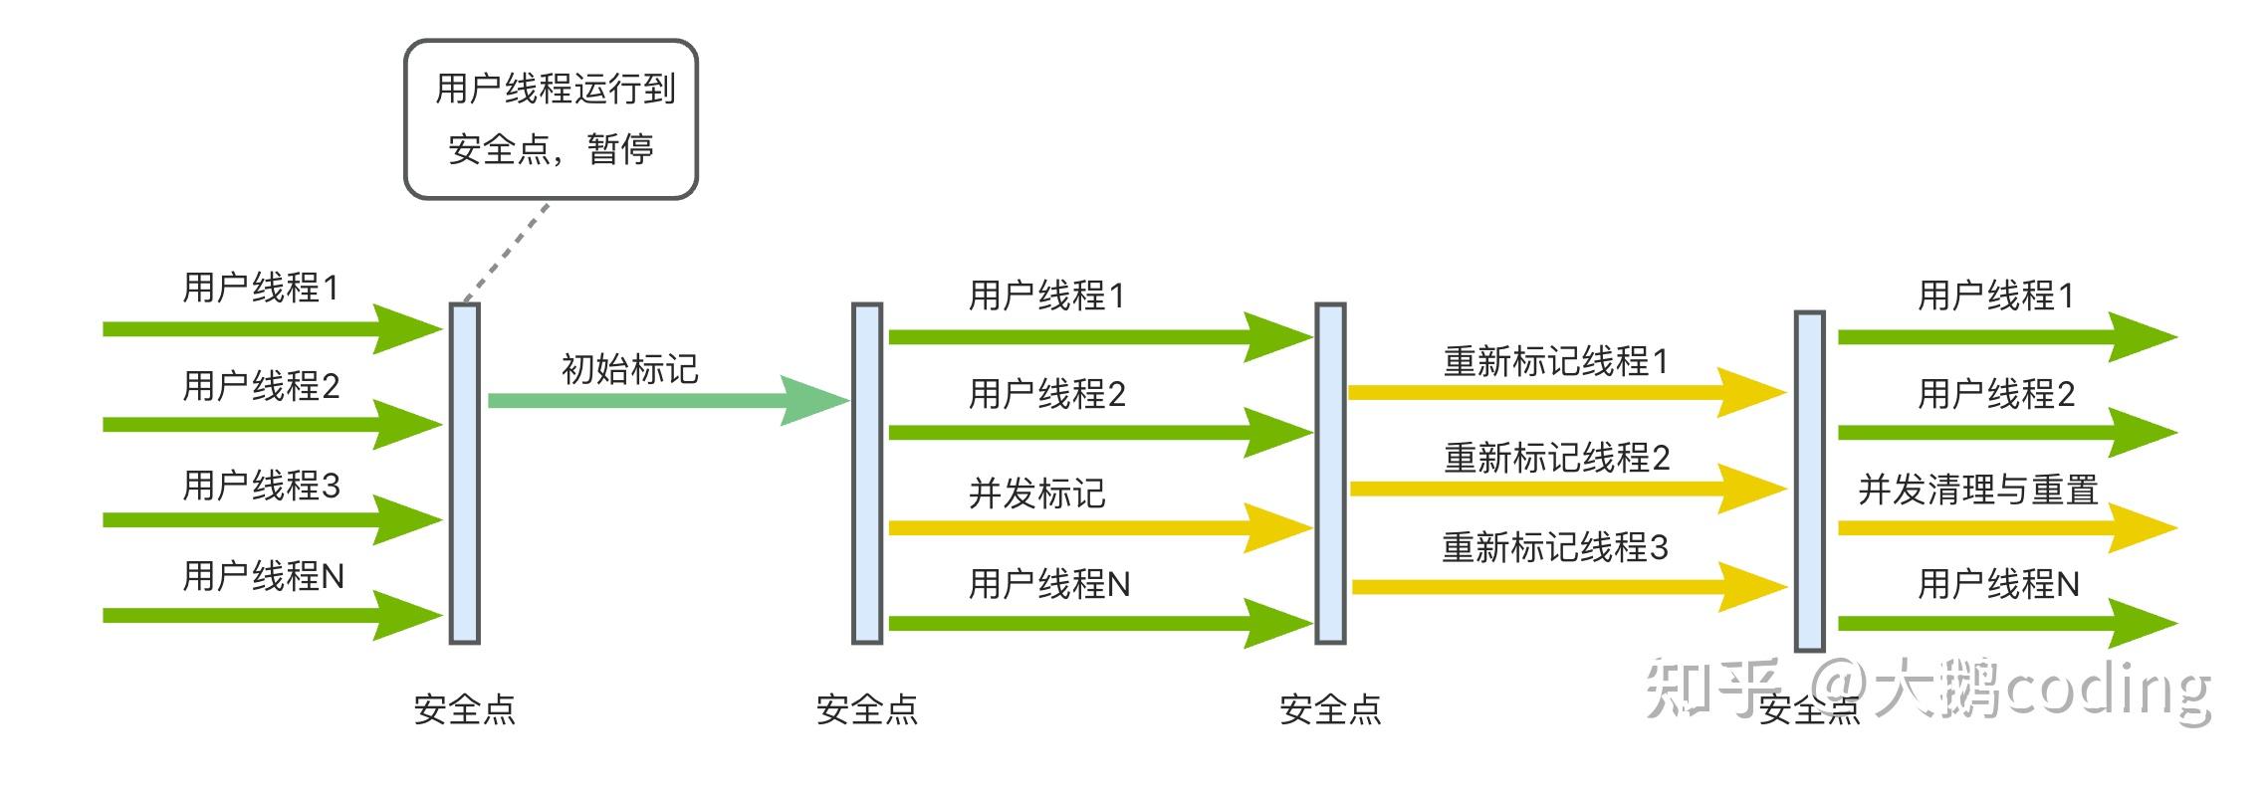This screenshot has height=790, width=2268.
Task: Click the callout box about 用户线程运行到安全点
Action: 551,119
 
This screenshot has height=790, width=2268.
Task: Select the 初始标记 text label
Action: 630,369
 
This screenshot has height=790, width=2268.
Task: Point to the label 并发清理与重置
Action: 1977,490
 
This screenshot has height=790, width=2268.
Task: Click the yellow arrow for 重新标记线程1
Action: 1553,392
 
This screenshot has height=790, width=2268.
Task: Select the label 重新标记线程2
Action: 1556,458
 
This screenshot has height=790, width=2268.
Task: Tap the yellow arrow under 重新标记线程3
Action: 1553,587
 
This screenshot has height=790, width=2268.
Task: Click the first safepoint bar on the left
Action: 464,474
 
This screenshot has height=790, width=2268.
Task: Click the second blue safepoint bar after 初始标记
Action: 866,474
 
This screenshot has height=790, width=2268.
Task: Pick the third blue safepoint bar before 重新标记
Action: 1330,474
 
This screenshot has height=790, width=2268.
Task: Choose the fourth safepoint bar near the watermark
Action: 1809,482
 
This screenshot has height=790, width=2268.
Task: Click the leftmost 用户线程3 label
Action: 261,486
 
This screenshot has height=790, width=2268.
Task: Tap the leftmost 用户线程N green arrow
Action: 259,616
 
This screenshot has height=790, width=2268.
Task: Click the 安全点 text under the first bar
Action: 464,709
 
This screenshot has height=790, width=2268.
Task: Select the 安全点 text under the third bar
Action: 1330,709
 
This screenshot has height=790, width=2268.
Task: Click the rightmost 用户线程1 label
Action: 1995,296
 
